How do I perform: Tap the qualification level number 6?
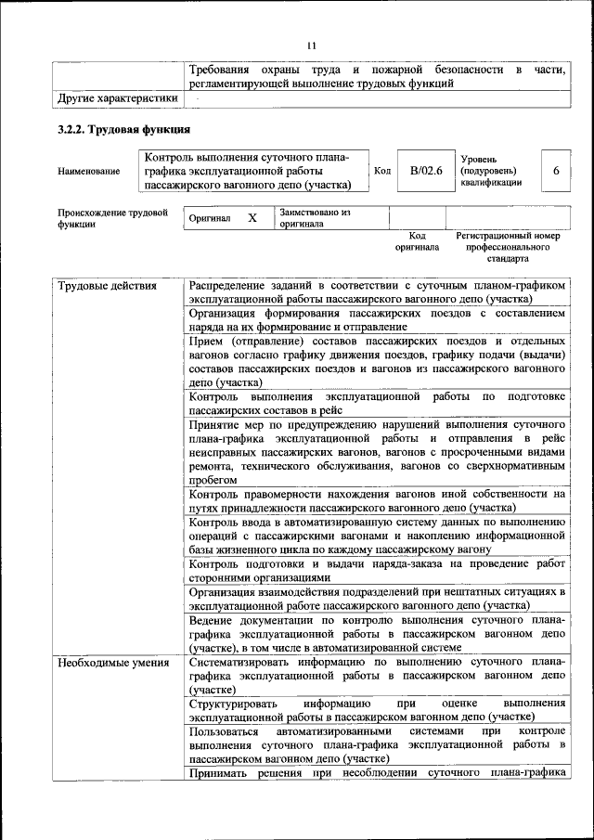point(555,171)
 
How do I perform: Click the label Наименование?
point(88,172)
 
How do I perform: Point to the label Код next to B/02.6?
point(382,171)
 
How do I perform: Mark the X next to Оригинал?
point(252,218)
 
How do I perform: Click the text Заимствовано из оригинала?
point(315,218)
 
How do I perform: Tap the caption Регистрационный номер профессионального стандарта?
point(508,248)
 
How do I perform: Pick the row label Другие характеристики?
point(117,97)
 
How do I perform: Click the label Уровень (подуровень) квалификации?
point(491,171)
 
